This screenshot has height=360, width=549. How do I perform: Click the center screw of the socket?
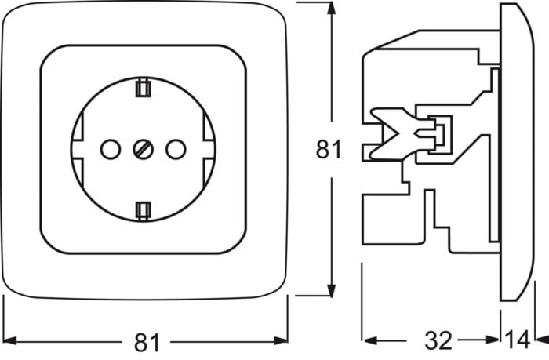tap(144, 150)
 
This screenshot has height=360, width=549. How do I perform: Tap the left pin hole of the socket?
tap(111, 149)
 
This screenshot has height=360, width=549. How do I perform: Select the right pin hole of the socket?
tap(176, 149)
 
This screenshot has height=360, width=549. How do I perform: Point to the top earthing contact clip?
tap(144, 87)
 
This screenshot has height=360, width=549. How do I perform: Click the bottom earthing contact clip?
tap(144, 211)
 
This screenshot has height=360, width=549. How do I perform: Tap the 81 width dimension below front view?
tap(147, 343)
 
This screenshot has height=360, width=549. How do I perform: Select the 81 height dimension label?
tap(329, 150)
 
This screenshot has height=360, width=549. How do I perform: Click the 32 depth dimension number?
tap(438, 340)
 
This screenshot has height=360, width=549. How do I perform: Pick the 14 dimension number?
tap(518, 340)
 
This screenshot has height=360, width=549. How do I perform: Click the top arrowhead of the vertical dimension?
tap(331, 9)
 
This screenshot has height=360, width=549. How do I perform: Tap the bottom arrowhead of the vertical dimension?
tap(331, 290)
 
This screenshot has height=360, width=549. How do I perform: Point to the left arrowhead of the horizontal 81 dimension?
tap(9, 340)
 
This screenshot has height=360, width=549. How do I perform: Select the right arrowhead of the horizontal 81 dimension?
tap(281, 340)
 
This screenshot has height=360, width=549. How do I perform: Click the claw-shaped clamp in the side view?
tap(395, 134)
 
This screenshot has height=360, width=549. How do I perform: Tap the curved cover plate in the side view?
tap(517, 151)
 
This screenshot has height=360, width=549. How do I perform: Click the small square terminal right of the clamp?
tap(440, 134)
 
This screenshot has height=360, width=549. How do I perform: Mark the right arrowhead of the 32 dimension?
tap(492, 340)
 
